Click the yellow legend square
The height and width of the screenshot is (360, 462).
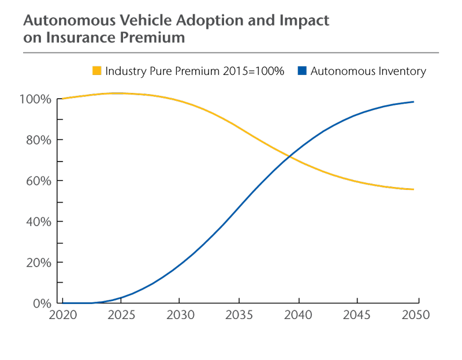[96, 70]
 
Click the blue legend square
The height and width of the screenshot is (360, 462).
[302, 70]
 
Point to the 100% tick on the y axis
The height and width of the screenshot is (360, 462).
[35, 99]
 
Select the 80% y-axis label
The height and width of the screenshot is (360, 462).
[38, 140]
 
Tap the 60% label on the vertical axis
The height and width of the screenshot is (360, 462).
[38, 181]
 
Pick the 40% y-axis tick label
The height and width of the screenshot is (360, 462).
[38, 222]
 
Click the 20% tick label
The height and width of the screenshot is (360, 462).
[38, 263]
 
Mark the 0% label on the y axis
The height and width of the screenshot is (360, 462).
[42, 304]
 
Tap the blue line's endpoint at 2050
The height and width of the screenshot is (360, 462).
[413, 102]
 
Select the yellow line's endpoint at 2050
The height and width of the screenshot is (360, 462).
[413, 189]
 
